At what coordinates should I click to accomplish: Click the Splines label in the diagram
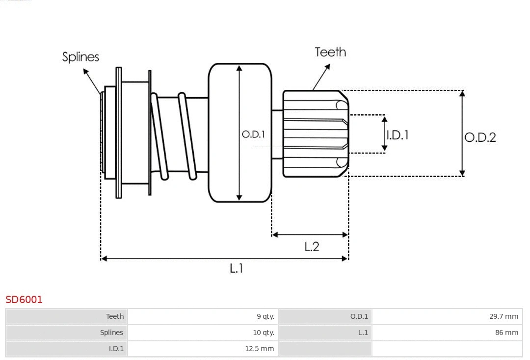[x=80, y=57]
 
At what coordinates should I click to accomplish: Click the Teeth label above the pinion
[x=330, y=52]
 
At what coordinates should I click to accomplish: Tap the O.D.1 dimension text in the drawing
[x=253, y=134]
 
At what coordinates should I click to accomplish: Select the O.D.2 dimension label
[x=480, y=137]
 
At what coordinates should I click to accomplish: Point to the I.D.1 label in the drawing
[x=397, y=135]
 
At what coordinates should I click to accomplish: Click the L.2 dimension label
[x=312, y=246]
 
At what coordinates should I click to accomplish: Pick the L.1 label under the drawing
[x=237, y=268]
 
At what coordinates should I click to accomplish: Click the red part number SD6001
[x=24, y=299]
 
